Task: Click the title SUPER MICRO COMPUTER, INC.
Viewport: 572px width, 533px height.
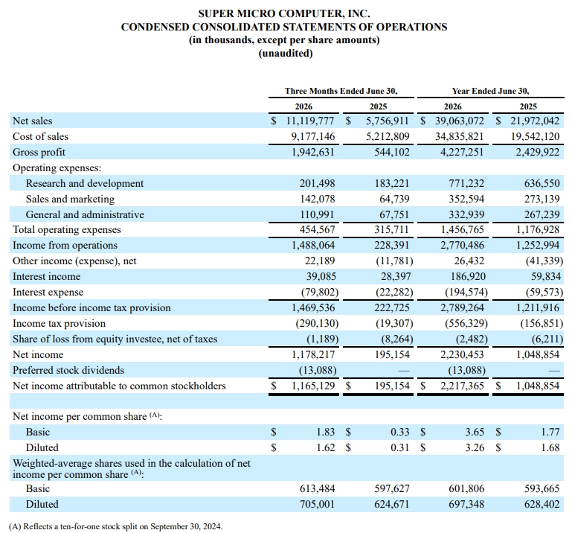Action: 284,14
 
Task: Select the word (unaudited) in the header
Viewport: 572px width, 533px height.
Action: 286,54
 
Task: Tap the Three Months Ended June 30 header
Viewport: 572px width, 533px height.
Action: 341,91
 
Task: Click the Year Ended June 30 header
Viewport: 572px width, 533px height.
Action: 490,91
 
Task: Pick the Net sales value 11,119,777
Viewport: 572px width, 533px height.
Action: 310,121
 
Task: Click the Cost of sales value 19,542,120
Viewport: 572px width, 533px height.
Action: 535,136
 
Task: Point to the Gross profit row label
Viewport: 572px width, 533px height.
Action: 39,153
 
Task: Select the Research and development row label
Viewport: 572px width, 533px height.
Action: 85,183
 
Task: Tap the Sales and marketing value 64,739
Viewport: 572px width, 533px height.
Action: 394,199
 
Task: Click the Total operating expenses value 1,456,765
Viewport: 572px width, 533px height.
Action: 462,229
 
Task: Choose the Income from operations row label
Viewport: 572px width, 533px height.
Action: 65,246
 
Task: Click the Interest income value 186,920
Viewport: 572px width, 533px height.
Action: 468,277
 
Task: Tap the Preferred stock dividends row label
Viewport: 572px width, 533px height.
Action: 68,370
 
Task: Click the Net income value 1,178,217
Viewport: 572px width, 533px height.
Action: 313,355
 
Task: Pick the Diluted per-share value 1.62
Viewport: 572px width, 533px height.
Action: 325,447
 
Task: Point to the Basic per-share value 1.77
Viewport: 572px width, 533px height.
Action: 550,433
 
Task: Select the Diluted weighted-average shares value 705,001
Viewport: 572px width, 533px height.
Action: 317,504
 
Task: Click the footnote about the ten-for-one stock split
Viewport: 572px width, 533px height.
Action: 115,526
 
